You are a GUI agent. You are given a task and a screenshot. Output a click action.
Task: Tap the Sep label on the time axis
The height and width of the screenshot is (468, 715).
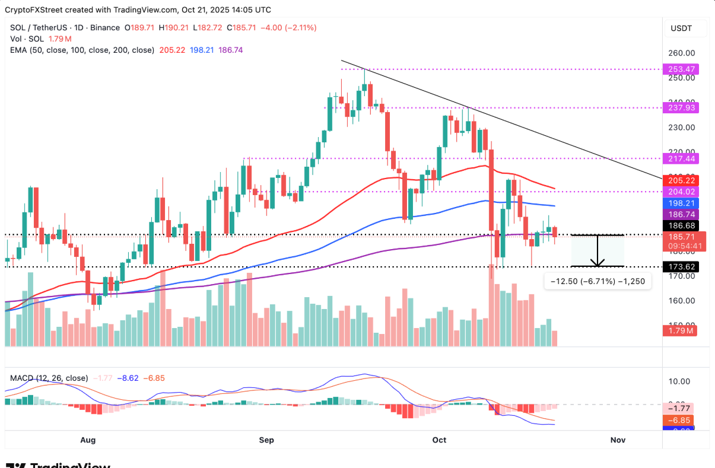tap(266, 440)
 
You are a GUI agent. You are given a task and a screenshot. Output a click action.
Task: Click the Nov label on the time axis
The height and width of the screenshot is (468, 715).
tap(618, 440)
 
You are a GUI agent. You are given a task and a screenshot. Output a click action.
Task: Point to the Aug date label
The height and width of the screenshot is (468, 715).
tap(87, 440)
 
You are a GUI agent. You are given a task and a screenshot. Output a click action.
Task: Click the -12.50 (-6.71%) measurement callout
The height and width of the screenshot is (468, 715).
tap(598, 282)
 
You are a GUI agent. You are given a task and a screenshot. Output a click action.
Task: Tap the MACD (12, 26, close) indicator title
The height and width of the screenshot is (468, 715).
tap(49, 378)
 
